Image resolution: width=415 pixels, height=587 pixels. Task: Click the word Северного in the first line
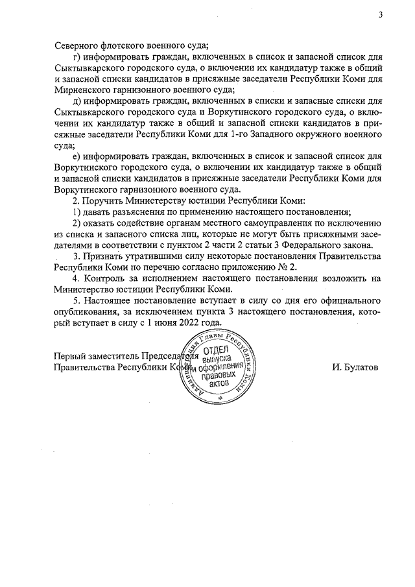pos(77,45)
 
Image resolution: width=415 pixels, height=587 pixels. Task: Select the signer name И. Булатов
pos(355,367)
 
